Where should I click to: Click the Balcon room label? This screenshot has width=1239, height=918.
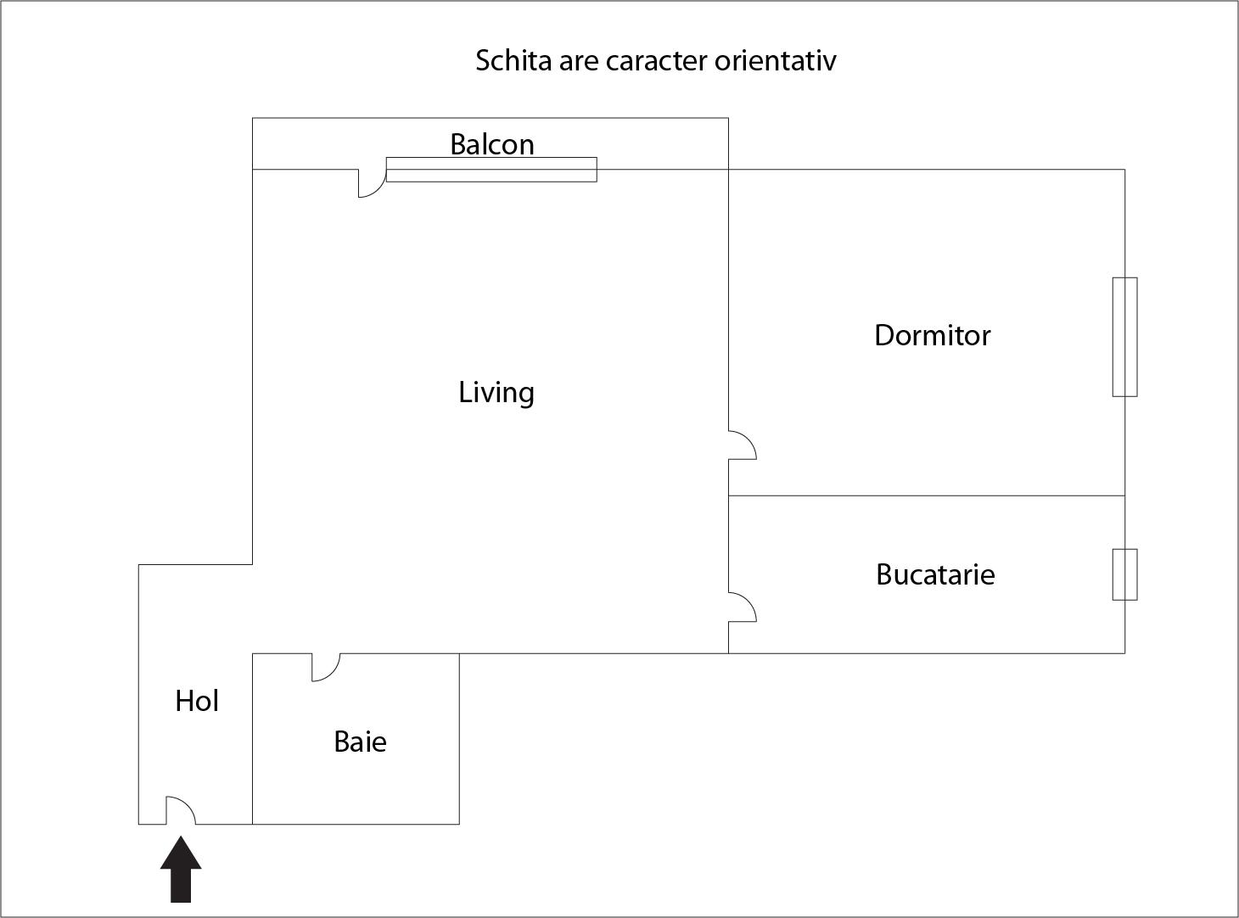pos(492,144)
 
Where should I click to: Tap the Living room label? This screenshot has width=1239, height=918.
pos(496,393)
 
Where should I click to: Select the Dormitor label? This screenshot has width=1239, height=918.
pos(933,335)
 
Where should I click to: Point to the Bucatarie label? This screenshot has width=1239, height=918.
pos(935,574)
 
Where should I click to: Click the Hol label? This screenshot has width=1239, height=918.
pos(197,701)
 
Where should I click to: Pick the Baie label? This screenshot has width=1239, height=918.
pos(361,742)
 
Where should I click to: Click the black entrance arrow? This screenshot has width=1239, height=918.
pos(181,869)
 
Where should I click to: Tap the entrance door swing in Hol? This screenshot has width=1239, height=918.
pos(181,810)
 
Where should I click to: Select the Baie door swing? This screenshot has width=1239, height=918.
pos(326,667)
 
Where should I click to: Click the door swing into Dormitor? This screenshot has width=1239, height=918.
pos(743,445)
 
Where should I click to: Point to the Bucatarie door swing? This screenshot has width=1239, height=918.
pos(743,607)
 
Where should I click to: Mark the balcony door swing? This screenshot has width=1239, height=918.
pos(372,183)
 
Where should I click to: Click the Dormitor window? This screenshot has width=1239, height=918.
pos(1124,337)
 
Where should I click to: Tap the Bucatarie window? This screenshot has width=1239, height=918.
pos(1124,574)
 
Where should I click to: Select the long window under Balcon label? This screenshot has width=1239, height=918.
pos(491,170)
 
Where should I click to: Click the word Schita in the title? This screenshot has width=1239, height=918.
pos(513,60)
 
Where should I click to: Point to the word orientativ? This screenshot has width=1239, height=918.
pos(776,60)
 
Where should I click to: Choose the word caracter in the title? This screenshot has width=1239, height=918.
pos(656,61)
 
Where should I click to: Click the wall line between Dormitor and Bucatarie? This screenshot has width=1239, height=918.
pos(926,495)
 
